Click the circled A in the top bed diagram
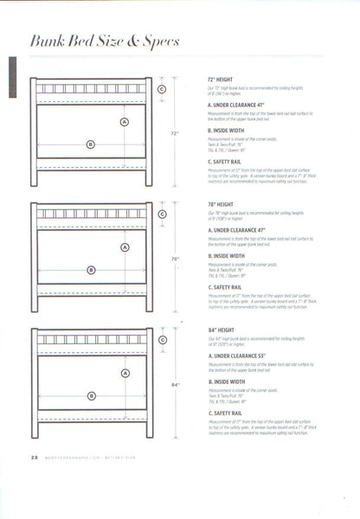pos(125,122)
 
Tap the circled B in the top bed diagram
pos(90,145)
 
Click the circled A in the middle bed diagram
pos(125,247)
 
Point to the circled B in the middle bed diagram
pos(90,271)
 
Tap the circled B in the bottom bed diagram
pos(90,396)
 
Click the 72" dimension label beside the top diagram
pos(174,134)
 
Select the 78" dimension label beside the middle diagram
pos(174,259)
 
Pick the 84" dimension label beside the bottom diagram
pos(174,384)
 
